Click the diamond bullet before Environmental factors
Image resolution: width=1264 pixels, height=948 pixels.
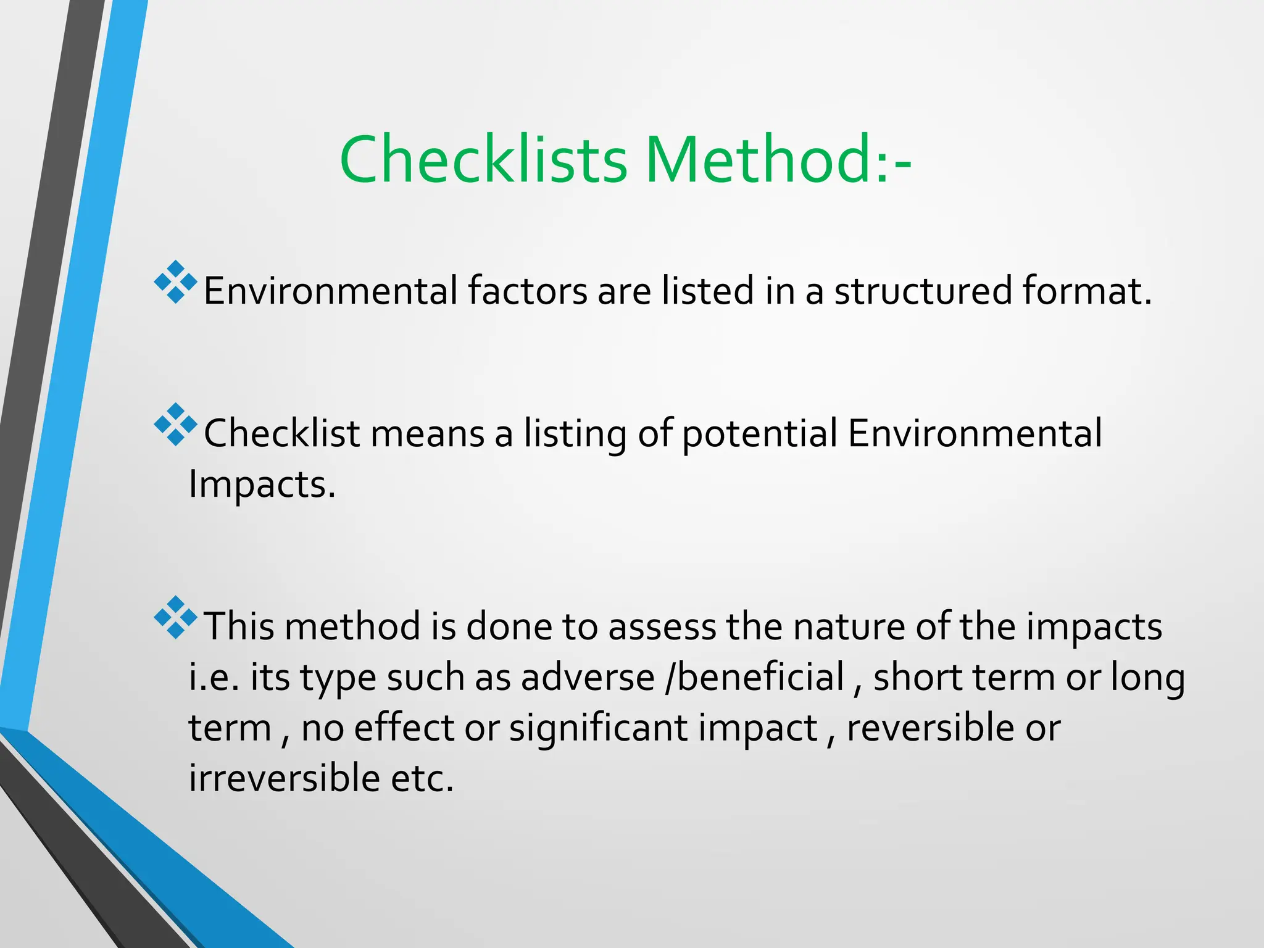pyautogui.click(x=176, y=282)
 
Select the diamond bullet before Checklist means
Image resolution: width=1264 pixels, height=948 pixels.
pyautogui.click(x=176, y=425)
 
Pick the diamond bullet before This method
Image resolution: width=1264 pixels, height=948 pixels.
pyautogui.click(x=176, y=617)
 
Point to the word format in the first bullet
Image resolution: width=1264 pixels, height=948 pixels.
pyautogui.click(x=1086, y=291)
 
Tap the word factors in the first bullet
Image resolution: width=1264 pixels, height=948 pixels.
pyautogui.click(x=527, y=291)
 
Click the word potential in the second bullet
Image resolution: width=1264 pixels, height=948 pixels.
pyautogui.click(x=760, y=434)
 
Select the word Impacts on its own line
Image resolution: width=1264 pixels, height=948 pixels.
pyautogui.click(x=261, y=484)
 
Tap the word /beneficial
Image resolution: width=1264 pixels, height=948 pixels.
pyautogui.click(x=755, y=677)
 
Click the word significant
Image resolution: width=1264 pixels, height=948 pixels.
pyautogui.click(x=599, y=728)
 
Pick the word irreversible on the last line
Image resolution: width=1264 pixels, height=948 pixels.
pyautogui.click(x=285, y=778)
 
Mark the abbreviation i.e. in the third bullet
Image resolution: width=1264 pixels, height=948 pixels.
pyautogui.click(x=214, y=677)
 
